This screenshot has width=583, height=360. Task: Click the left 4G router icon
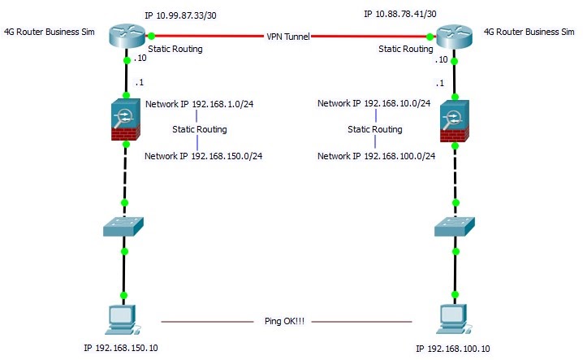coord(126,35)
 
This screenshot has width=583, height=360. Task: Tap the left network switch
coord(124,227)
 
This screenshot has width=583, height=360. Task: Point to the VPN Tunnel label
coord(288,37)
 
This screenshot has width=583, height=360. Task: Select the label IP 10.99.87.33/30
coord(181,15)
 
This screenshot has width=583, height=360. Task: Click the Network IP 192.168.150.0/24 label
coord(204,155)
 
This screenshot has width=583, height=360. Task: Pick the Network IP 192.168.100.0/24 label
coord(377,155)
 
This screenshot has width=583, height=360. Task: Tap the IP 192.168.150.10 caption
coord(123,348)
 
